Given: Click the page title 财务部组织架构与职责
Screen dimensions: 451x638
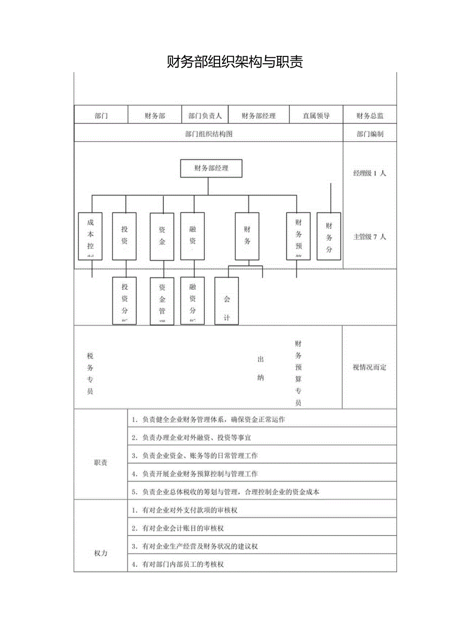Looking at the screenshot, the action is pyautogui.click(x=235, y=62).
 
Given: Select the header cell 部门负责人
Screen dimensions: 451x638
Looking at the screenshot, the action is pyautogui.click(x=205, y=116).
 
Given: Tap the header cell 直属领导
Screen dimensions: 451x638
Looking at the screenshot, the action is pyautogui.click(x=316, y=116).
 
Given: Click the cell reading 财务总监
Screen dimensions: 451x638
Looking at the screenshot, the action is pyautogui.click(x=370, y=116).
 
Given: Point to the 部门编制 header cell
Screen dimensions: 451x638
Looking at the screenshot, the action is pyautogui.click(x=370, y=134).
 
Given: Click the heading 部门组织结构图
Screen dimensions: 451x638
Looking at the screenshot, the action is pyautogui.click(x=209, y=134).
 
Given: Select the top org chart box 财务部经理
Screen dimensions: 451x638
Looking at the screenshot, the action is pyautogui.click(x=211, y=168).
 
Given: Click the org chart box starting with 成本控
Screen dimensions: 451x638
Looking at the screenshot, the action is pyautogui.click(x=90, y=236).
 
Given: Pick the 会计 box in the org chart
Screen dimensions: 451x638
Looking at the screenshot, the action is pyautogui.click(x=226, y=301).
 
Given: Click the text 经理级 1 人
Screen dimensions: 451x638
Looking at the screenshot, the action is pyautogui.click(x=370, y=173).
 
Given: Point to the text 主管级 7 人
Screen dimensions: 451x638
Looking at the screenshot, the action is pyautogui.click(x=370, y=236).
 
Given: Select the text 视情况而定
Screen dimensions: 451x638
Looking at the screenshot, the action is pyautogui.click(x=370, y=367).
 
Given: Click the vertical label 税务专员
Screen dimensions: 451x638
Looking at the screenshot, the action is pyautogui.click(x=90, y=373).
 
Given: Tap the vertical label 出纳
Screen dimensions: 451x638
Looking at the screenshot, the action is pyautogui.click(x=261, y=368).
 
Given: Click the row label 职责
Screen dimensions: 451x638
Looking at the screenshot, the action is pyautogui.click(x=100, y=463).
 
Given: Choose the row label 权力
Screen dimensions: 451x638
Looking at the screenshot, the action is pyautogui.click(x=100, y=553).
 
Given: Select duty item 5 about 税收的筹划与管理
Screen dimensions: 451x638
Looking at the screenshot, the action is pyautogui.click(x=230, y=492).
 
